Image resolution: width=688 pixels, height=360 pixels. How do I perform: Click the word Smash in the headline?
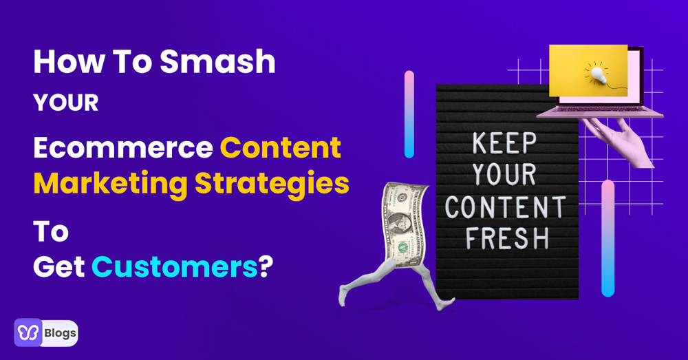click(x=217, y=61)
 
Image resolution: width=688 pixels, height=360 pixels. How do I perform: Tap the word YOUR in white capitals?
click(x=66, y=103)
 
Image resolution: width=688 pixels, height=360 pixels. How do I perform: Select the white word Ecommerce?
click(x=123, y=147)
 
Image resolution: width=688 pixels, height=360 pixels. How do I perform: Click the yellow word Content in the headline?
click(x=281, y=147)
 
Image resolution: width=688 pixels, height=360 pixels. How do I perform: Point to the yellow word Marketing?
click(x=111, y=184)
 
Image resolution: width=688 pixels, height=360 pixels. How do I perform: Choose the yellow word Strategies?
click(x=272, y=184)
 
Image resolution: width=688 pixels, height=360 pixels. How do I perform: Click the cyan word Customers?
click(x=175, y=267)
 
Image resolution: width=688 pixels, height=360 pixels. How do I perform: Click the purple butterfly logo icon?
click(x=28, y=332)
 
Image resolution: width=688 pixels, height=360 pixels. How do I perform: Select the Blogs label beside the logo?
click(x=60, y=333)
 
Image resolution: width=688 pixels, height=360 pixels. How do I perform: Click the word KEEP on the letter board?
click(x=504, y=143)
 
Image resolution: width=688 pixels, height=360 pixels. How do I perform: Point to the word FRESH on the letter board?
click(x=507, y=238)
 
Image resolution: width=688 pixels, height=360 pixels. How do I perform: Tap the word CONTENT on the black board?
click(x=506, y=207)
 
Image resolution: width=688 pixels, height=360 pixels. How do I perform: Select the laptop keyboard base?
click(x=600, y=112)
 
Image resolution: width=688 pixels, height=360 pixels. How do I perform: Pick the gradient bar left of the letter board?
click(x=409, y=114)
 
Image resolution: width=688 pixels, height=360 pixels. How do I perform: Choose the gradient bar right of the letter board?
click(x=608, y=238)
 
